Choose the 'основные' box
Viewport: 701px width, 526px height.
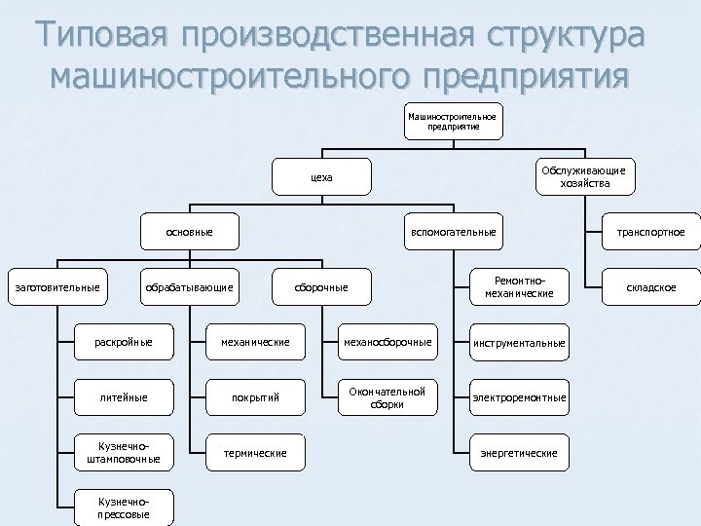click(x=190, y=232)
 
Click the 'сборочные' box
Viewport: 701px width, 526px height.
click(x=321, y=286)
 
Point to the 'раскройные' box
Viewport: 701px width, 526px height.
click(x=124, y=342)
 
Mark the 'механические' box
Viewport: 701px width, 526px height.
click(x=255, y=342)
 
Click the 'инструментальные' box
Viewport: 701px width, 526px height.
click(x=519, y=342)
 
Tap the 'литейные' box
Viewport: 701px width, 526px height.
click(x=124, y=397)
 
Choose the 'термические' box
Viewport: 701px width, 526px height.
click(x=255, y=453)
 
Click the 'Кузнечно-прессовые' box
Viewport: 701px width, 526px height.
click(x=124, y=506)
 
